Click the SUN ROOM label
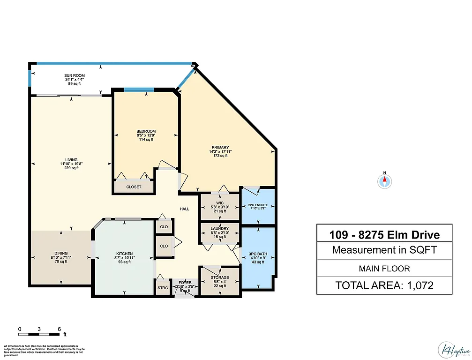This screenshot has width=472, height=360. click(x=75, y=75)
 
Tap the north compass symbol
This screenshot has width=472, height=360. click(x=384, y=181)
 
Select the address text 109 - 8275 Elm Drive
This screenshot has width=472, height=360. click(x=384, y=234)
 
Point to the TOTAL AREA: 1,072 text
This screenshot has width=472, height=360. click(x=384, y=285)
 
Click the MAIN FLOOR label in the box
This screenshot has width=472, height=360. click(x=384, y=268)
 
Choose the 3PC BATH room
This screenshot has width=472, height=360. click(x=257, y=258)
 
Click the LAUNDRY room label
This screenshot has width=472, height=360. click(x=219, y=228)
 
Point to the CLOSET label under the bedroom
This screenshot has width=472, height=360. click(x=134, y=187)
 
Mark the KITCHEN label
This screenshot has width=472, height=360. click(x=125, y=253)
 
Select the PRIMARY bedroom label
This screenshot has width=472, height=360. click(x=219, y=147)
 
